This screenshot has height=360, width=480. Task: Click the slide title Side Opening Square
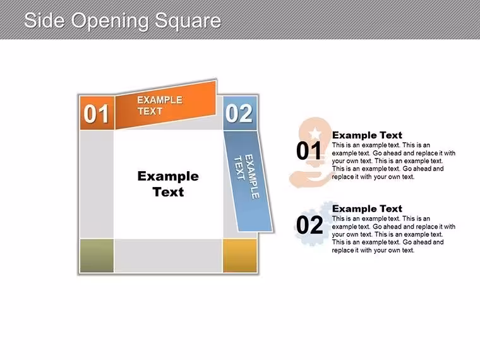pyautogui.click(x=123, y=21)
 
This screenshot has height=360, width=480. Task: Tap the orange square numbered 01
pyautogui.click(x=97, y=112)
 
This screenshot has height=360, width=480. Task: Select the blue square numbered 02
pyautogui.click(x=240, y=113)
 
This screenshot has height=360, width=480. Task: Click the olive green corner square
pyautogui.click(x=97, y=256)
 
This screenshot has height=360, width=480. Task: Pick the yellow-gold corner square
pyautogui.click(x=240, y=256)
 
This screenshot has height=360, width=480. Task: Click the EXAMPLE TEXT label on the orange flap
pyautogui.click(x=160, y=105)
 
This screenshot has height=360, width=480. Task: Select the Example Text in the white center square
pyautogui.click(x=168, y=184)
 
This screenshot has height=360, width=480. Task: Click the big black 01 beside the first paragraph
pyautogui.click(x=309, y=150)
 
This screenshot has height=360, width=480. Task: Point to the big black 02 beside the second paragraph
pyautogui.click(x=309, y=225)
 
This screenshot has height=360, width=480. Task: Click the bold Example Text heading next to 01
pyautogui.click(x=367, y=135)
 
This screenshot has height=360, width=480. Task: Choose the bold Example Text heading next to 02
pyautogui.click(x=367, y=208)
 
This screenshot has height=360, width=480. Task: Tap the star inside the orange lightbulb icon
pyautogui.click(x=315, y=133)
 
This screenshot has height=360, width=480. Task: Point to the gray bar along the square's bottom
pyautogui.click(x=169, y=256)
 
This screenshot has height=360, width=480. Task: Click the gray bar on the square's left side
pyautogui.click(x=97, y=184)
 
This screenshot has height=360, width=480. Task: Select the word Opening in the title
pyautogui.click(x=111, y=21)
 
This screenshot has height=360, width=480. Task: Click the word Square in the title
pyautogui.click(x=188, y=21)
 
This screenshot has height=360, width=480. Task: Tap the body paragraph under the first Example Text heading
pyautogui.click(x=393, y=160)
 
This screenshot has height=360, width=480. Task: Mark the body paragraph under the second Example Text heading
pyautogui.click(x=393, y=234)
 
